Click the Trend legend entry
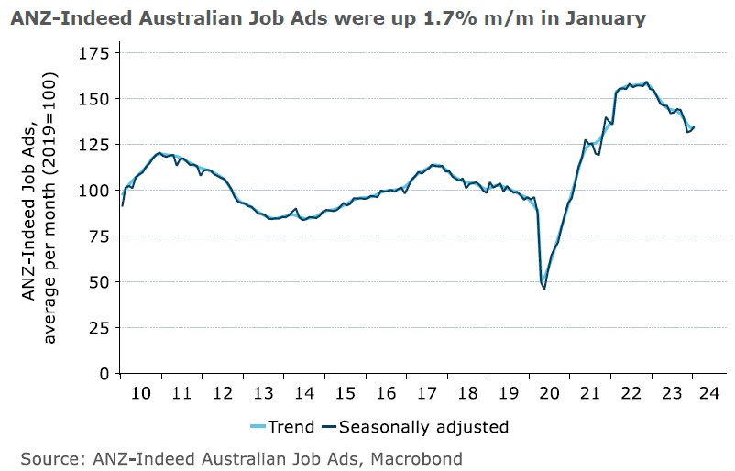(283, 427)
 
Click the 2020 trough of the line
(544, 289)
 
